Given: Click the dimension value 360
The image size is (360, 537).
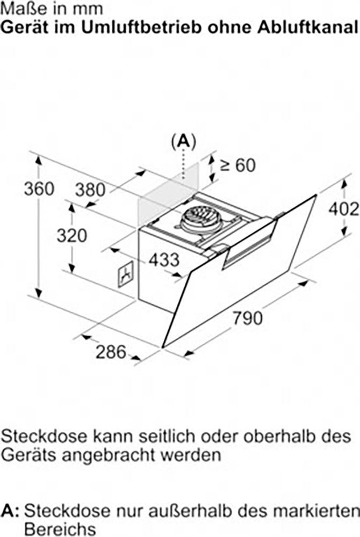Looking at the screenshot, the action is click(x=39, y=188).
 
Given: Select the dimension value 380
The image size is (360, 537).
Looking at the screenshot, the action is click(x=90, y=190).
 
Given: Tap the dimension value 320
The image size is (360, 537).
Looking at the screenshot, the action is click(x=72, y=236).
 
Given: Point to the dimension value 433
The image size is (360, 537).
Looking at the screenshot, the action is click(x=164, y=260).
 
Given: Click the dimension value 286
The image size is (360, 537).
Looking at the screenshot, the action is click(x=111, y=352).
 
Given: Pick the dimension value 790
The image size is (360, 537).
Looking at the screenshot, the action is click(x=248, y=318).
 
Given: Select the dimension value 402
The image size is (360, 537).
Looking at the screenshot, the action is click(x=343, y=209).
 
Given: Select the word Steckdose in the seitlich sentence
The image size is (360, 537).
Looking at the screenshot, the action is click(x=43, y=437).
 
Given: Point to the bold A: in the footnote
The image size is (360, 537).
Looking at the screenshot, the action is click(x=11, y=511).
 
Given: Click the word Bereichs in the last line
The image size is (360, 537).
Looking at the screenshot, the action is click(x=60, y=529).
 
